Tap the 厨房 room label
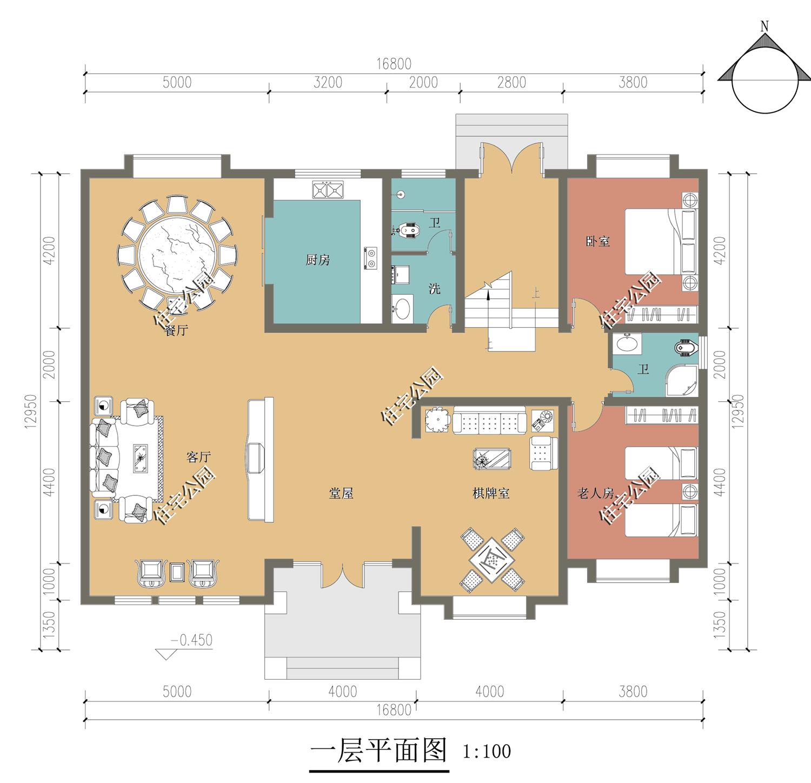pos(317,260)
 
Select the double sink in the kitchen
pos(328,190)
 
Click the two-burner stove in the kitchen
pos(371,258)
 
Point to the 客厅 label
pos(198,457)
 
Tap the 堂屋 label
pos(341,493)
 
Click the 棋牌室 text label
pos(491,493)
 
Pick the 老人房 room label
pos(596,493)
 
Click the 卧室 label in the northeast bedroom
pos(597,241)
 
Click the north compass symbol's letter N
pos(765,26)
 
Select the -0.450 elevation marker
pos(191,640)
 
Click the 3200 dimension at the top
pos(328,82)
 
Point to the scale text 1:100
pos(487,751)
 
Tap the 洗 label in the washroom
pos(434,289)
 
